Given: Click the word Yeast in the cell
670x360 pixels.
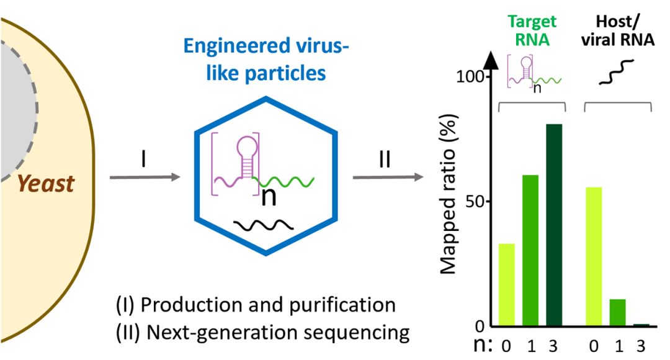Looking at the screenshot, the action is click(46, 184).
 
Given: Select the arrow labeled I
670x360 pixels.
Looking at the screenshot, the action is click(145, 177).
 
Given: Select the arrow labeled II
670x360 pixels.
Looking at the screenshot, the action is click(388, 177).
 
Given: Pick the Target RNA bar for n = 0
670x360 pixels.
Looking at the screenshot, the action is click(507, 285).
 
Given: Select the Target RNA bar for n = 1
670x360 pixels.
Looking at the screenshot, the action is click(530, 251).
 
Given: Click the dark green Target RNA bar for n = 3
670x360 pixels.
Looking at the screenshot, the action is click(554, 225).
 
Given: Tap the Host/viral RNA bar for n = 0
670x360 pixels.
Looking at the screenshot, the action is click(594, 256).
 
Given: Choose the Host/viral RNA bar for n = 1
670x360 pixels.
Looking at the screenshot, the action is click(617, 313).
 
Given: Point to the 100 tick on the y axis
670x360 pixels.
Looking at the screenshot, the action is click(470, 77).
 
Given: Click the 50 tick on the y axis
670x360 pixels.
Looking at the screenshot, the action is click(476, 201).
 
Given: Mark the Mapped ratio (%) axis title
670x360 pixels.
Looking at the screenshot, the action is click(449, 194).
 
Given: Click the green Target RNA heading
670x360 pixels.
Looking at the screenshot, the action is click(532, 30).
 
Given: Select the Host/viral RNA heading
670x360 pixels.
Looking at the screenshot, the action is click(618, 30).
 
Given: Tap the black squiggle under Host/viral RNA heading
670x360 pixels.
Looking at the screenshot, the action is click(616, 72).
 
